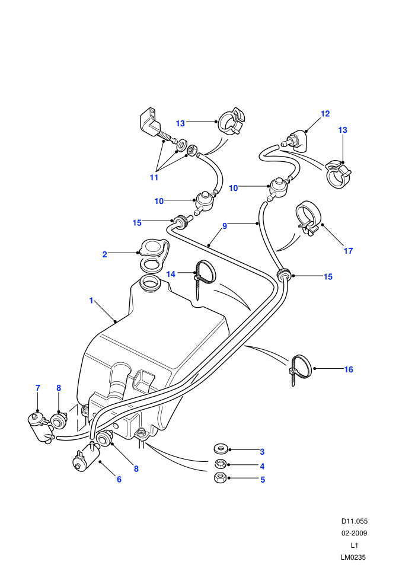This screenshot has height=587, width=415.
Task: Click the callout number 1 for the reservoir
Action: pyautogui.click(x=91, y=301)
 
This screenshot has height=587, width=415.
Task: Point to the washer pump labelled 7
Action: pyautogui.click(x=40, y=426)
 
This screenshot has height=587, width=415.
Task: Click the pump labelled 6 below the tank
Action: pyautogui.click(x=86, y=458)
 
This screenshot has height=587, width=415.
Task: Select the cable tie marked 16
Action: pyautogui.click(x=301, y=369)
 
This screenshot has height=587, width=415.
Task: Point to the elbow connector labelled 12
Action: pyautogui.click(x=295, y=139)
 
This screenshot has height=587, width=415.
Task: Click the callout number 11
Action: pyautogui.click(x=154, y=177)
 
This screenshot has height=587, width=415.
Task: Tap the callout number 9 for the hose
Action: pyautogui.click(x=225, y=226)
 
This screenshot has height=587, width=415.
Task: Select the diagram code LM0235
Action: pyautogui.click(x=353, y=557)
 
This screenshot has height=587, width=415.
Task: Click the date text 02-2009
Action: pyautogui.click(x=354, y=533)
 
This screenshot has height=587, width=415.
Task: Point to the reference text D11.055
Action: pyautogui.click(x=354, y=521)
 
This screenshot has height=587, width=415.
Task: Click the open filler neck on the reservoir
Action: pyautogui.click(x=149, y=283)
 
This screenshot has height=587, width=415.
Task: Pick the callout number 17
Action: pyautogui.click(x=349, y=251)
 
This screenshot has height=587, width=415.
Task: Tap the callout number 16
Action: pyautogui.click(x=349, y=369)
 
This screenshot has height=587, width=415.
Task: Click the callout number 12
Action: pyautogui.click(x=325, y=113)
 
